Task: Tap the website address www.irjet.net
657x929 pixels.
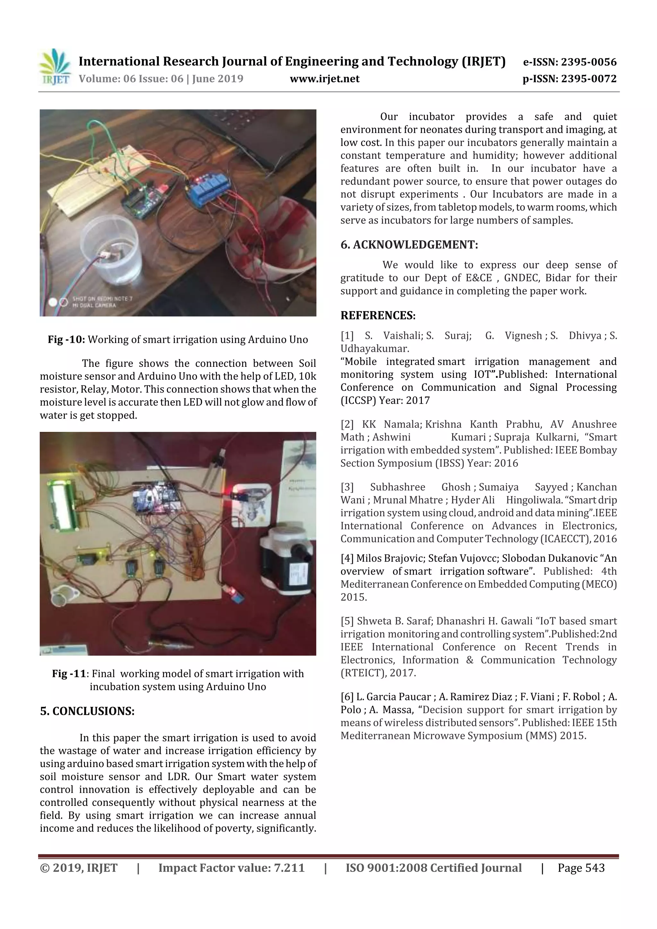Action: tap(325, 79)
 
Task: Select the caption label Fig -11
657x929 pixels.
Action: tap(69, 674)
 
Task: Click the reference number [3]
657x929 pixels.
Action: tap(347, 487)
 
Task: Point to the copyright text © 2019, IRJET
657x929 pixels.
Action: tap(79, 867)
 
